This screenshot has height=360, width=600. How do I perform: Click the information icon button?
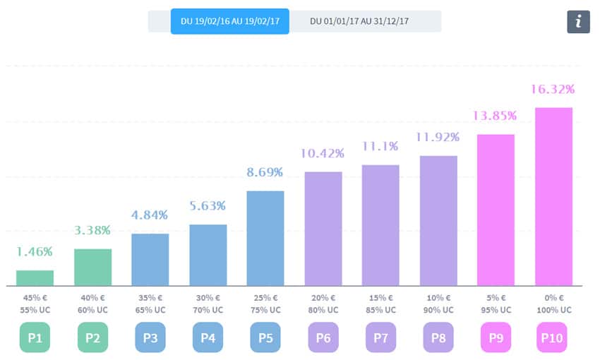[x=578, y=22]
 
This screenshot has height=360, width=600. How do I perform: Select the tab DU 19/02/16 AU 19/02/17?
[x=230, y=21]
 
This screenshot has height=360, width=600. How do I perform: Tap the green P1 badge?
[x=35, y=337]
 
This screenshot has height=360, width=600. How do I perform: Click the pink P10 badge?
[x=554, y=337]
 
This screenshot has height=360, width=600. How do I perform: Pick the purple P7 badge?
[x=380, y=337]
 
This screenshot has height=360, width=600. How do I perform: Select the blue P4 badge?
[x=208, y=337]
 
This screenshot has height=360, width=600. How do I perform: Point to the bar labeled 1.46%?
[x=35, y=278]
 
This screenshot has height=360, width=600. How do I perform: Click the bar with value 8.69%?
[x=265, y=238]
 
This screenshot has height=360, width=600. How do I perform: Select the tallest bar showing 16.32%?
[x=554, y=196]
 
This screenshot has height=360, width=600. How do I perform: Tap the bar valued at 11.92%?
[x=438, y=220]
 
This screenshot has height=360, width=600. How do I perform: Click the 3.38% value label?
[x=92, y=230]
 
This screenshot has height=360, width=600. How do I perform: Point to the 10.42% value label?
[x=323, y=153]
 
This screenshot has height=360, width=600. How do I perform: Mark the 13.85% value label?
[x=496, y=115]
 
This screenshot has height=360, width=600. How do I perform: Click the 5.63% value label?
[x=208, y=206]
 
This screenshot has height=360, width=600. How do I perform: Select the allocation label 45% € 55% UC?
[x=35, y=304]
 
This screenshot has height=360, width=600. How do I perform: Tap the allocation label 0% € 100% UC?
[x=554, y=304]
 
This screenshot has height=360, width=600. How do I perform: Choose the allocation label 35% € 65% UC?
[x=150, y=304]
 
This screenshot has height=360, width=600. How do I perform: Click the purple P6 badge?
[x=323, y=337]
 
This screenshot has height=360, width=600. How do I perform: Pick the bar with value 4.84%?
[x=150, y=259]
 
